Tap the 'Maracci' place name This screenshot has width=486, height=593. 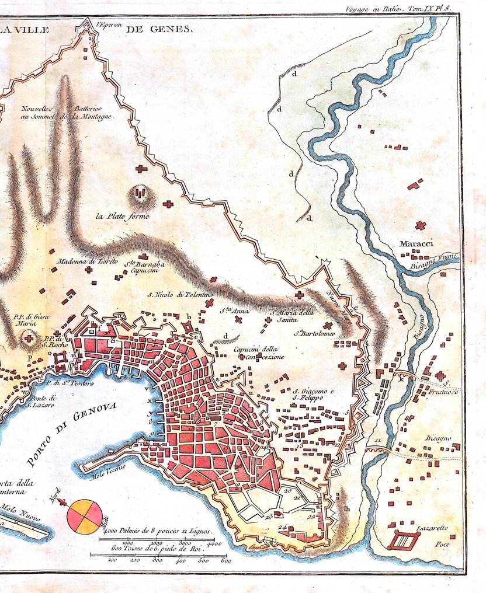(x=416, y=243)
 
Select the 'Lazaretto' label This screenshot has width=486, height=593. (x=432, y=528)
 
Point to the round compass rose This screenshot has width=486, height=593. (x=85, y=517)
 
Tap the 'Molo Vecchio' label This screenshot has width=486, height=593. (x=109, y=474)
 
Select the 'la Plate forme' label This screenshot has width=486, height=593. (x=123, y=217)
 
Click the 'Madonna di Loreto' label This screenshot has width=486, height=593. (x=87, y=261)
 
